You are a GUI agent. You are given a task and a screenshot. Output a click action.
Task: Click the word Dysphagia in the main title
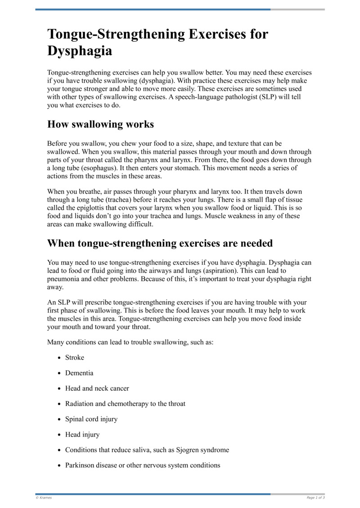pyautogui.click(x=80, y=51)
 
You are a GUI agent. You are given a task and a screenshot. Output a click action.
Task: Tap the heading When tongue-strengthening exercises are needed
pyautogui.click(x=160, y=243)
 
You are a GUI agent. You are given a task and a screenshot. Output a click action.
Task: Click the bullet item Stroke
pyautogui.click(x=75, y=357)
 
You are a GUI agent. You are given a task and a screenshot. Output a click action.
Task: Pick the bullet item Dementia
pyautogui.click(x=79, y=373)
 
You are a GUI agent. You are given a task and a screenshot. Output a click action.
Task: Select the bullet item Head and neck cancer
pyautogui.click(x=97, y=388)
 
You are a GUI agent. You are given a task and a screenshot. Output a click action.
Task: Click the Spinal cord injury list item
pyautogui.click(x=91, y=419)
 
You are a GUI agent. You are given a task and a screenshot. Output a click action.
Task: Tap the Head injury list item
pyautogui.click(x=82, y=435)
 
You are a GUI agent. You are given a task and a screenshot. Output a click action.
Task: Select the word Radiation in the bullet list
pyautogui.click(x=79, y=404)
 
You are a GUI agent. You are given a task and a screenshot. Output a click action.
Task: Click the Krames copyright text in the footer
pyautogui.click(x=44, y=498)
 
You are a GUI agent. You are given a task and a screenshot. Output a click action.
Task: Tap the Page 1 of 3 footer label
pyautogui.click(x=315, y=498)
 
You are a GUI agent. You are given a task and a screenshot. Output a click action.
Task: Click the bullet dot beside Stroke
pyautogui.click(x=60, y=358)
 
